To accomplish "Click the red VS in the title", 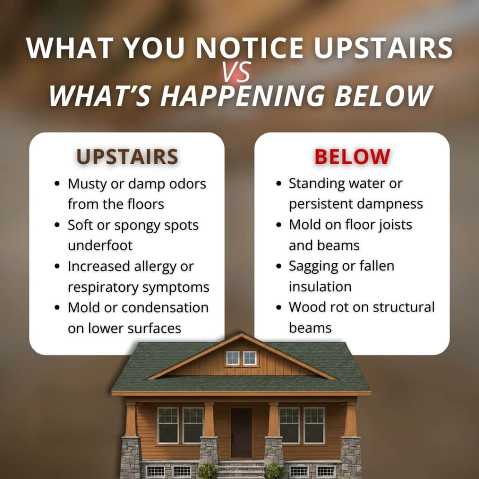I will pos(237,73).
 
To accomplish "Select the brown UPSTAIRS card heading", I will pos(127,157).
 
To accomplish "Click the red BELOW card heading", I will pos(352,157).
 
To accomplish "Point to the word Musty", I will pos(87,184).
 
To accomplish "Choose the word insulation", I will pos(319,286).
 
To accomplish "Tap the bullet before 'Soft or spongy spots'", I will pos(57,225).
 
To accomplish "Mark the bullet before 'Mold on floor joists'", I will pos(279,225).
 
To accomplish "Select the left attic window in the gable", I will pos(232,358).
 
